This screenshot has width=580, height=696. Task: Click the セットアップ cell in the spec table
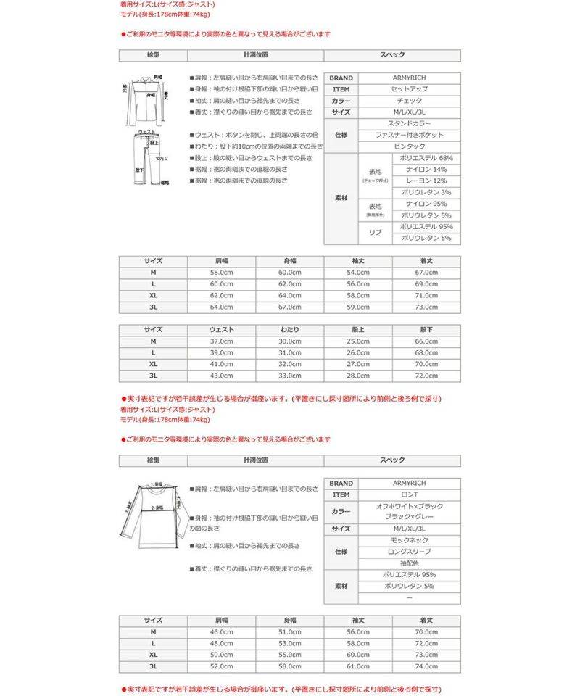tap(410, 89)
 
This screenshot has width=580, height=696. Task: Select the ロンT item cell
tap(410, 494)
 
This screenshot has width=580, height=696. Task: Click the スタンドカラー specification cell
tap(410, 124)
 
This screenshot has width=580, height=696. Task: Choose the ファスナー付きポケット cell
tap(410, 135)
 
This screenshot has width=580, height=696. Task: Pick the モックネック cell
tap(410, 541)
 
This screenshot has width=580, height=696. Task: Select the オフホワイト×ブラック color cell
tap(410, 506)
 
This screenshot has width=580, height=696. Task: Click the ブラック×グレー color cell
tap(410, 518)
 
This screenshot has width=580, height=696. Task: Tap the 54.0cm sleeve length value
tap(358, 272)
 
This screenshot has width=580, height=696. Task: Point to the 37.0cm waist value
tap(222, 341)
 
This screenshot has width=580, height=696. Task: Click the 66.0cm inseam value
tap(426, 341)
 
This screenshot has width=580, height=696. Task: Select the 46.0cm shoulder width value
tap(222, 632)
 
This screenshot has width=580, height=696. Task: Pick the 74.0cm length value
tap(426, 666)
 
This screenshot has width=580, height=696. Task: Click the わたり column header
tap(290, 329)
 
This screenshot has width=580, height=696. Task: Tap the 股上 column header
tap(358, 329)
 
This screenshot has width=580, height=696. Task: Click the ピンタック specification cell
tap(410, 146)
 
